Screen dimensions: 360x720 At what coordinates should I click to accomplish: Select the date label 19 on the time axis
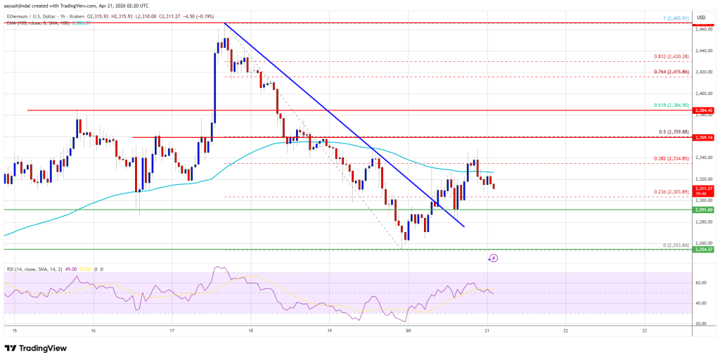pyautogui.click(x=330, y=329)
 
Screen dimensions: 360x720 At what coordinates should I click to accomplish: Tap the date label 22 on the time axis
pyautogui.click(x=566, y=329)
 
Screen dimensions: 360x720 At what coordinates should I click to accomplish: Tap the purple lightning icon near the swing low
pyautogui.click(x=493, y=258)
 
